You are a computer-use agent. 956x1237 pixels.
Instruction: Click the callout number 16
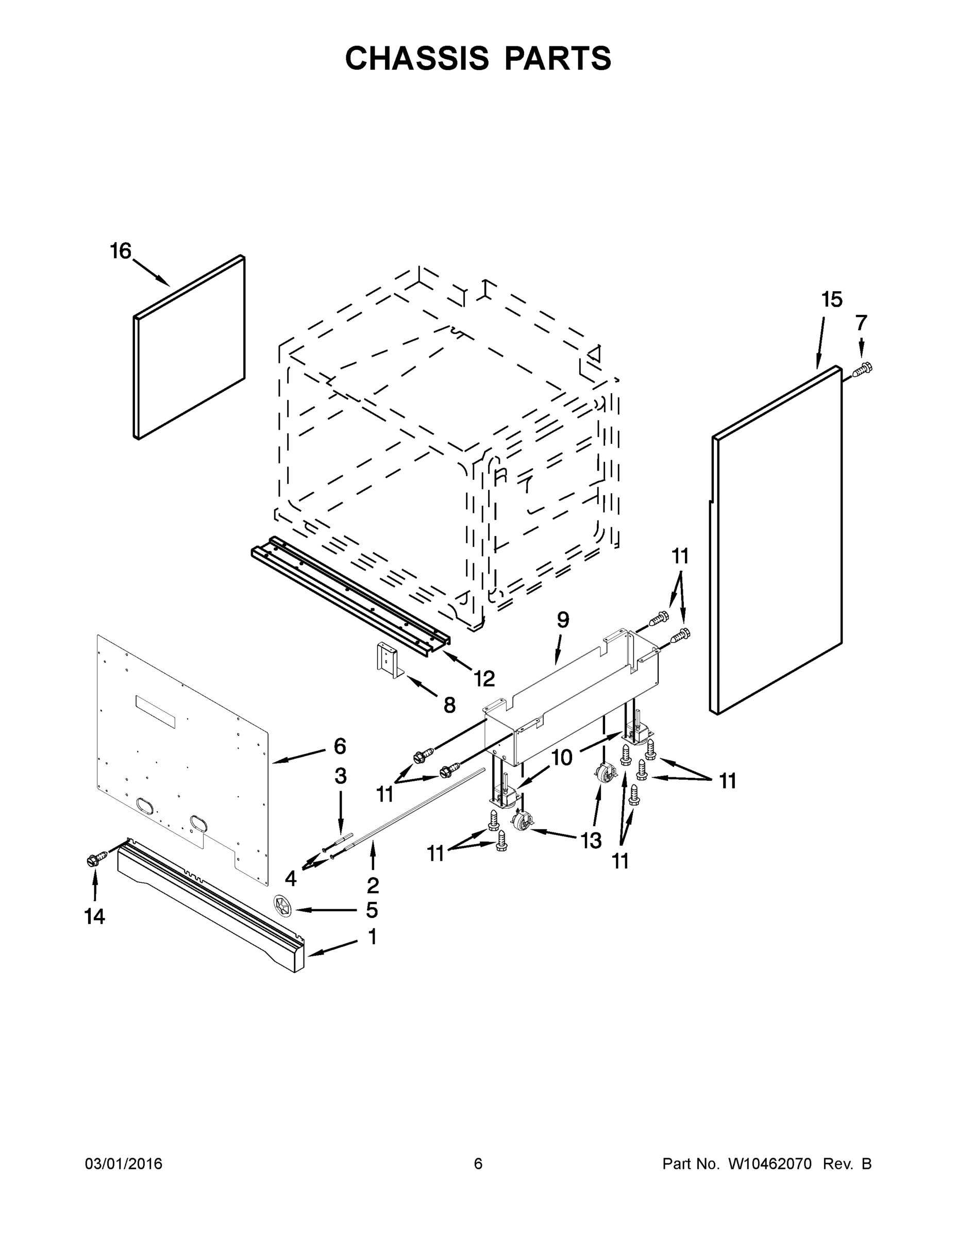(121, 251)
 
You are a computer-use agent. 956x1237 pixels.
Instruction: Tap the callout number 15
(831, 299)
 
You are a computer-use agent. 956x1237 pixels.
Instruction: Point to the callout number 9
(562, 620)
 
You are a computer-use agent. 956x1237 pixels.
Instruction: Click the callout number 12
(484, 678)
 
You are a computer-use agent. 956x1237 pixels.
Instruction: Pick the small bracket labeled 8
(389, 660)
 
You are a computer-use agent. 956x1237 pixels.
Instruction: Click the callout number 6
(340, 746)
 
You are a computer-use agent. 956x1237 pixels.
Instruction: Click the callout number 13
(591, 841)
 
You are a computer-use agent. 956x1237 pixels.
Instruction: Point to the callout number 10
(562, 758)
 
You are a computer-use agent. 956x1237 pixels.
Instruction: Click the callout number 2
(373, 884)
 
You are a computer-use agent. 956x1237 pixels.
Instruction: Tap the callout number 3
(340, 776)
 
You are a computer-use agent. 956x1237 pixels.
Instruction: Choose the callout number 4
(291, 878)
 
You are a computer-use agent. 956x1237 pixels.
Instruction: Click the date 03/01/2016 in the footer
(124, 1164)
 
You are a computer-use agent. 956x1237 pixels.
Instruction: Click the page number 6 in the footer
(478, 1164)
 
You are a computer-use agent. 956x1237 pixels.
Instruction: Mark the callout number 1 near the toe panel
(373, 937)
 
